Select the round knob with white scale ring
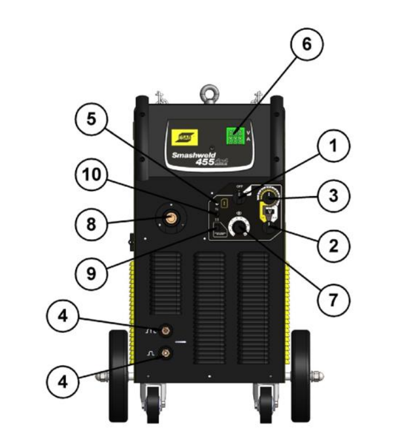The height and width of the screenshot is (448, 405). coord(237,227)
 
